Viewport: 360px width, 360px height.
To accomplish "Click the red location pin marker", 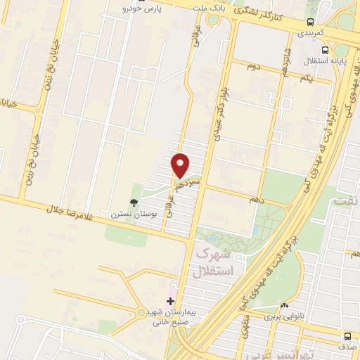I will (x=181, y=165).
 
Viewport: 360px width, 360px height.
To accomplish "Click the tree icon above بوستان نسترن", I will (x=134, y=201).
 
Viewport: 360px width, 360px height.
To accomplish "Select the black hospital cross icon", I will (x=171, y=300).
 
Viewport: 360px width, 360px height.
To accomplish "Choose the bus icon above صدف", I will (x=347, y=335).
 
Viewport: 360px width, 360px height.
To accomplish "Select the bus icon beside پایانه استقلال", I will (x=325, y=50).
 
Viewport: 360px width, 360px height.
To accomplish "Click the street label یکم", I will (x=305, y=79).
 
